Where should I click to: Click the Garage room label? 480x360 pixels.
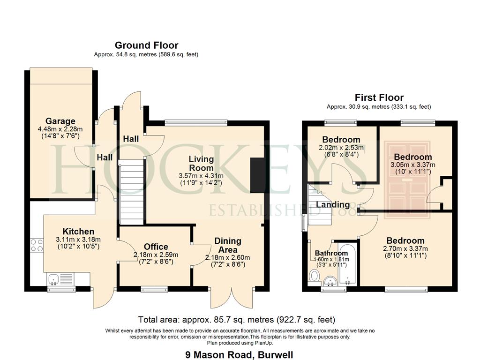tap(60, 121)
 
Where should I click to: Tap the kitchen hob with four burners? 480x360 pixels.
tap(37, 245)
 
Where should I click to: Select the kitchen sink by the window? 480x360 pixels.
tap(60, 279)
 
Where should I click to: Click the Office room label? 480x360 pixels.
tap(156, 247)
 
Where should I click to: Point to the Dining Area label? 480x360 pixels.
tap(228, 245)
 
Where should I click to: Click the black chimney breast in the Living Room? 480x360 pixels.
tap(257, 175)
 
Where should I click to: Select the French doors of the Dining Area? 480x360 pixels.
tap(232, 298)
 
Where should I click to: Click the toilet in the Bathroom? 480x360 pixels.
tap(314, 276)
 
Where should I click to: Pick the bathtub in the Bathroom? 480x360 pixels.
tap(347, 264)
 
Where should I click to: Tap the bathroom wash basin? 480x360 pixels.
tap(330, 281)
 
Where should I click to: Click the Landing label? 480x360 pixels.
tap(333, 204)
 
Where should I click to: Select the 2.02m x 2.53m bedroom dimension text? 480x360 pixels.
tap(341, 148)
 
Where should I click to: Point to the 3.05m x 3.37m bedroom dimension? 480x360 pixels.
tap(412, 165)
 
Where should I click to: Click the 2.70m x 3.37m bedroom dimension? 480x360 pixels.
tap(405, 248)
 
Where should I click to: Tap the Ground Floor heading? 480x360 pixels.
tap(146, 45)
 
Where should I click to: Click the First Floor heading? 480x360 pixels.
tap(379, 97)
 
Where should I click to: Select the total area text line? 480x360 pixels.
tap(237, 320)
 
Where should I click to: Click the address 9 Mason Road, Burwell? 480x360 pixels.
tap(239, 355)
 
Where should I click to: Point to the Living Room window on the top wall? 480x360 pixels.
tap(196, 123)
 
